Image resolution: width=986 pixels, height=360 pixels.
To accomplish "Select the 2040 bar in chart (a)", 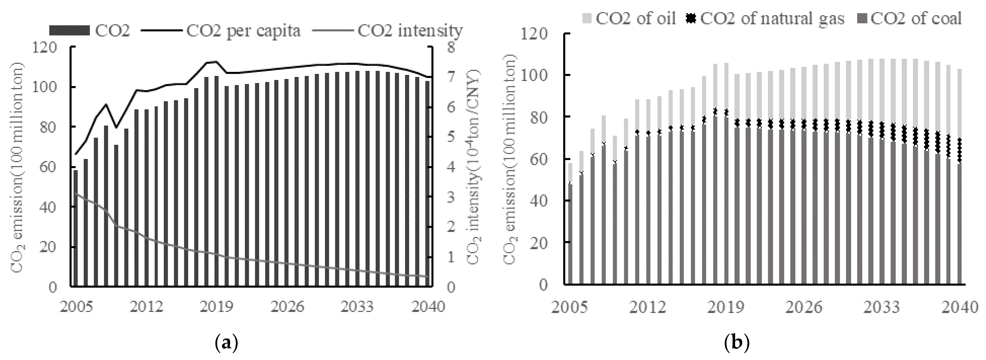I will (427, 184).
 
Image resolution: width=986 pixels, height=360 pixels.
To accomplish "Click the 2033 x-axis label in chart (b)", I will (882, 307).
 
